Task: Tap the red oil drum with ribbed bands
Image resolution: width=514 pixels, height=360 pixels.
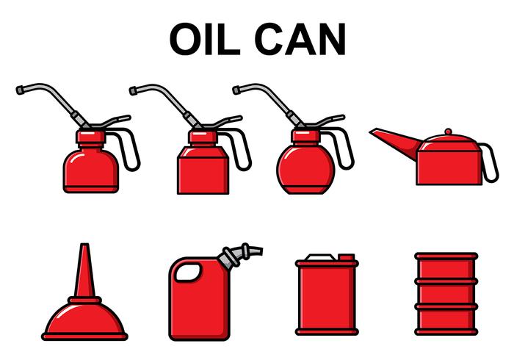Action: point(446,294)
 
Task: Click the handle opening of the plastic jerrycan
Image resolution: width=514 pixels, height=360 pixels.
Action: point(189,273)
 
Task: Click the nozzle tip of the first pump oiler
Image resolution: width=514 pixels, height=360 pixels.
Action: point(20,90)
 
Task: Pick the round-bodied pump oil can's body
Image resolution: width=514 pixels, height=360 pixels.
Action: point(306,166)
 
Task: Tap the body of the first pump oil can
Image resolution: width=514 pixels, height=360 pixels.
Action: point(90,168)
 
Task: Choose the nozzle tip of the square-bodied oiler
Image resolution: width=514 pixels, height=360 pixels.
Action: point(134,90)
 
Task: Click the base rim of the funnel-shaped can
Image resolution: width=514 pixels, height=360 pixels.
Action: point(84,336)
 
